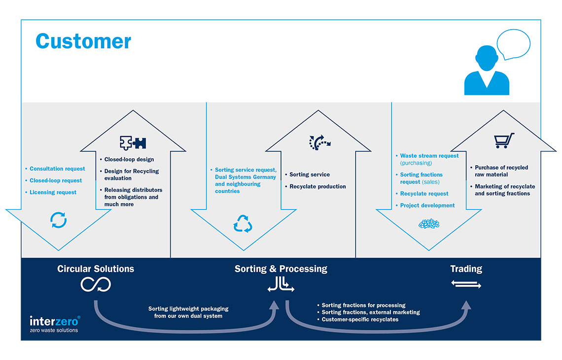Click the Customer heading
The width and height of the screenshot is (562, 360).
(83, 41)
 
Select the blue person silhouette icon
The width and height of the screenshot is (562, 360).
(486, 72)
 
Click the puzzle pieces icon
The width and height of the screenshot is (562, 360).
(133, 143)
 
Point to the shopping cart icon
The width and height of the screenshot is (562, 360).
(504, 141)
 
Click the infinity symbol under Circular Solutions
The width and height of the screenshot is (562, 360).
(96, 284)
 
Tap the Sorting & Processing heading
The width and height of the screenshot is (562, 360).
(281, 269)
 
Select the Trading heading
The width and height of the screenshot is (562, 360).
(466, 269)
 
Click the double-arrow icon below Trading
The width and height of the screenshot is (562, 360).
(466, 285)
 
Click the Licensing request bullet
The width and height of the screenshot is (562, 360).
(53, 192)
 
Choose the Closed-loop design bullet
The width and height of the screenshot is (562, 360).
(129, 159)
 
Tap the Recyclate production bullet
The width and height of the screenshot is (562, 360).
(317, 186)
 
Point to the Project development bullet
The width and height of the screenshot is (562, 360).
(427, 205)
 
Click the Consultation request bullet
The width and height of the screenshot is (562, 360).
(57, 169)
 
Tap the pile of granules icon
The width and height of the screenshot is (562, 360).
(428, 223)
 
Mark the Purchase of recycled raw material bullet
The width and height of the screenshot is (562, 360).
(501, 171)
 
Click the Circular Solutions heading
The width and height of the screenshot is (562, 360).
(96, 269)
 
